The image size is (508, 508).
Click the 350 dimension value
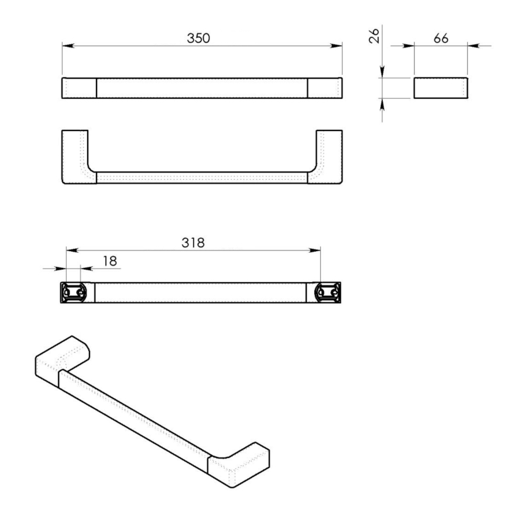point(198,39)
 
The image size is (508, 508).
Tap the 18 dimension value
point(109,261)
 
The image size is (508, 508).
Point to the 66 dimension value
point(441,38)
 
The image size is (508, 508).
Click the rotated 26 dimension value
point(375,35)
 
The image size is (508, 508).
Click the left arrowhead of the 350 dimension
point(66,46)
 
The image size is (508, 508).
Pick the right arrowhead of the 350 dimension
point(338,46)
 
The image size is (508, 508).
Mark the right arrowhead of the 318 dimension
point(317,250)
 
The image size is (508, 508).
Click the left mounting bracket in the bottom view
point(75,291)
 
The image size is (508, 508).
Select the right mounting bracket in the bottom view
point(327,291)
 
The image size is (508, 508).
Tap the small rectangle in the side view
point(440,88)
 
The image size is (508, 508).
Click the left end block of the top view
point(79,88)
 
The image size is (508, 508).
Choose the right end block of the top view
point(325,88)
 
